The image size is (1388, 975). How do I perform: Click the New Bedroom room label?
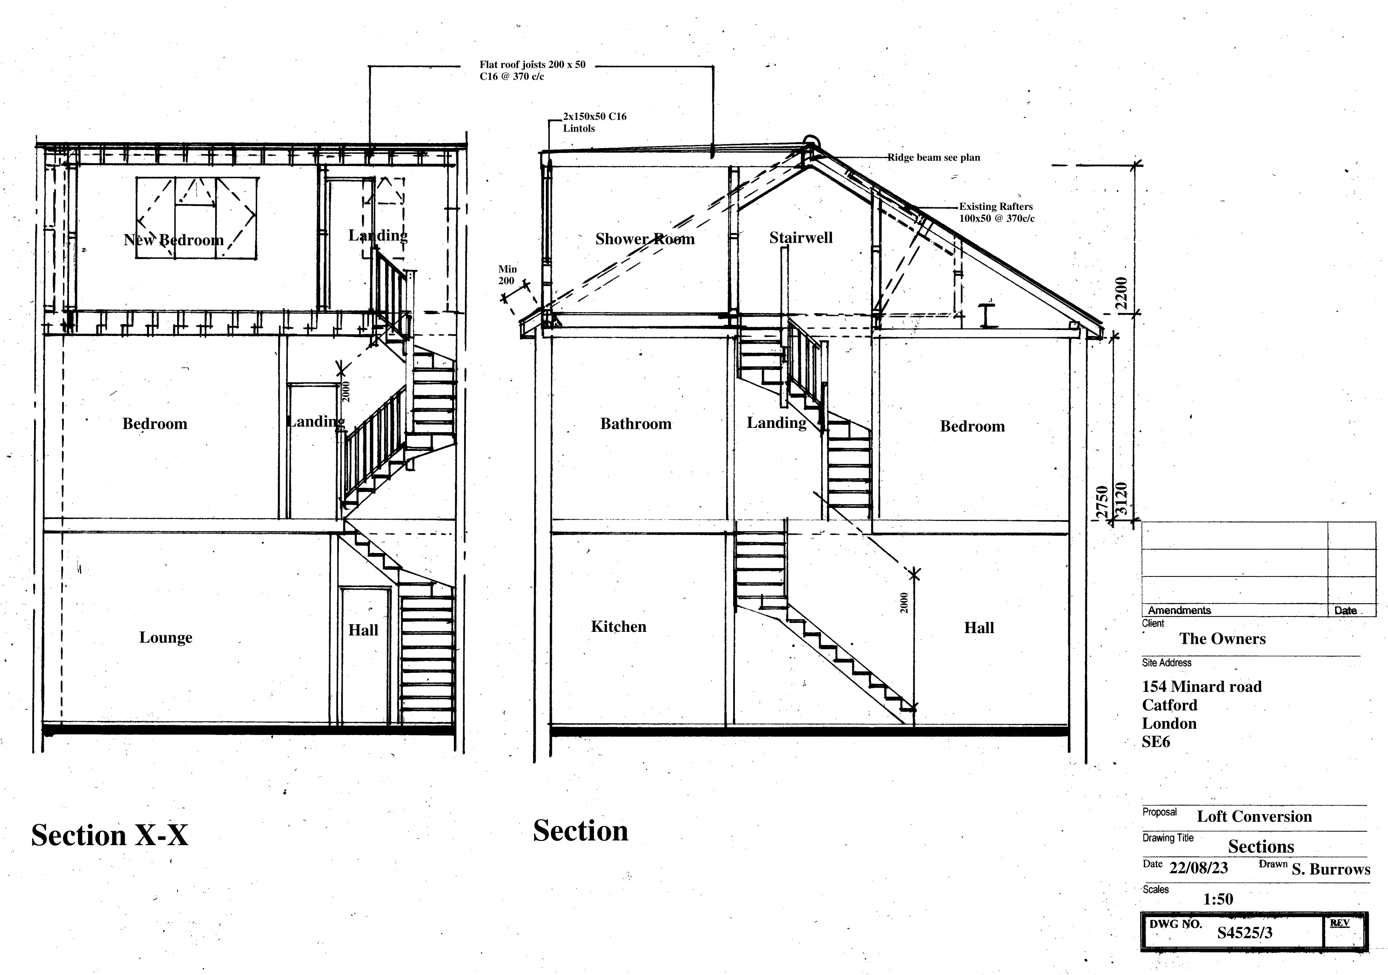pyautogui.click(x=174, y=240)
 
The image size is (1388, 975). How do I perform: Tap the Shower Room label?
pyautogui.click(x=645, y=239)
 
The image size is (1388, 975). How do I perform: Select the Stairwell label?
pyautogui.click(x=800, y=238)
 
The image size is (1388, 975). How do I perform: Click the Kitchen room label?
pyautogui.click(x=619, y=626)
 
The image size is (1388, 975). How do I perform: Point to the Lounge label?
pyautogui.click(x=166, y=637)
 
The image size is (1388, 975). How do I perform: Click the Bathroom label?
pyautogui.click(x=635, y=424)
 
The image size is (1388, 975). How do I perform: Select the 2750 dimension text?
pyautogui.click(x=1102, y=502)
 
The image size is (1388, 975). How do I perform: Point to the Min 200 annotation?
pyautogui.click(x=507, y=275)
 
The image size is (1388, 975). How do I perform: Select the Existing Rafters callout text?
pyautogui.click(x=996, y=212)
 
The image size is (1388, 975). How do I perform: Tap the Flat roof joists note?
pyautogui.click(x=532, y=71)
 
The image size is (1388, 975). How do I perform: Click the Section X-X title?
pyautogui.click(x=109, y=835)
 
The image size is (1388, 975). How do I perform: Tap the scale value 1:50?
pyautogui.click(x=1218, y=899)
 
